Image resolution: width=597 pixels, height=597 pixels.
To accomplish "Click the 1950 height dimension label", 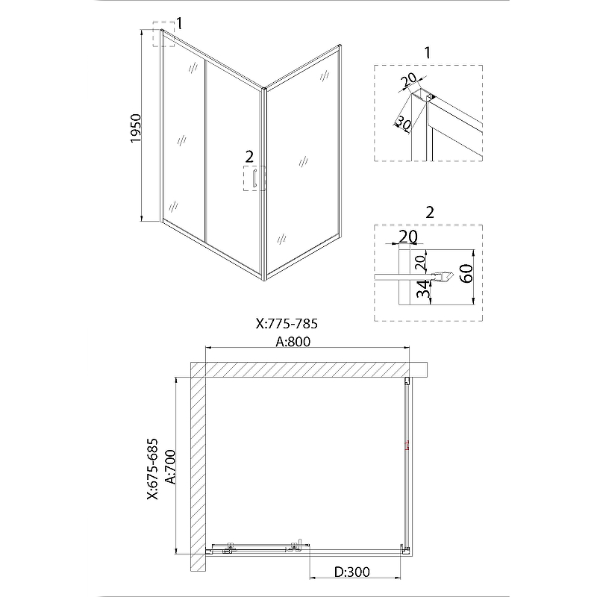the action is click(136, 128).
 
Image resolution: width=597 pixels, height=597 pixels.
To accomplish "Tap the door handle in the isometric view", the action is click(254, 178).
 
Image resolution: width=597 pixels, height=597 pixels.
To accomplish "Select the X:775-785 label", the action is click(287, 324).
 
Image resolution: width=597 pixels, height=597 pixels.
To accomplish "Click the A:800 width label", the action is click(293, 342).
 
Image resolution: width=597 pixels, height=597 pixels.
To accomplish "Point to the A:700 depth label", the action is click(172, 467).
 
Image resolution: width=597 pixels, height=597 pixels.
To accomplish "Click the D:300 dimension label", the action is click(351, 572).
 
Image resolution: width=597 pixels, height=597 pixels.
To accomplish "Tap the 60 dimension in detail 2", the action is click(466, 273).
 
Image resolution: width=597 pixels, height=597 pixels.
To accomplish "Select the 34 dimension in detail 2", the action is click(423, 290).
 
